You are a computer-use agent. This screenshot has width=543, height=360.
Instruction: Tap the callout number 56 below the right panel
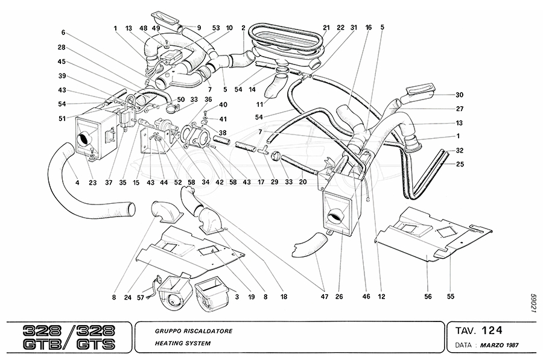(427, 297)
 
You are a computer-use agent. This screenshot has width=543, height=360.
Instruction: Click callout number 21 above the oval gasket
(326, 28)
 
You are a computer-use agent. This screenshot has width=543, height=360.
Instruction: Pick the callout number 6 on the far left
(63, 33)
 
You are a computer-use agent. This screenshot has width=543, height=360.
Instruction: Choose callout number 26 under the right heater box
(339, 297)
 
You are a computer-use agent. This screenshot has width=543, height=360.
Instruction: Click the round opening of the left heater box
(84, 139)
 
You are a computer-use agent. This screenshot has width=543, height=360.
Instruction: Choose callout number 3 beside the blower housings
(236, 297)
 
